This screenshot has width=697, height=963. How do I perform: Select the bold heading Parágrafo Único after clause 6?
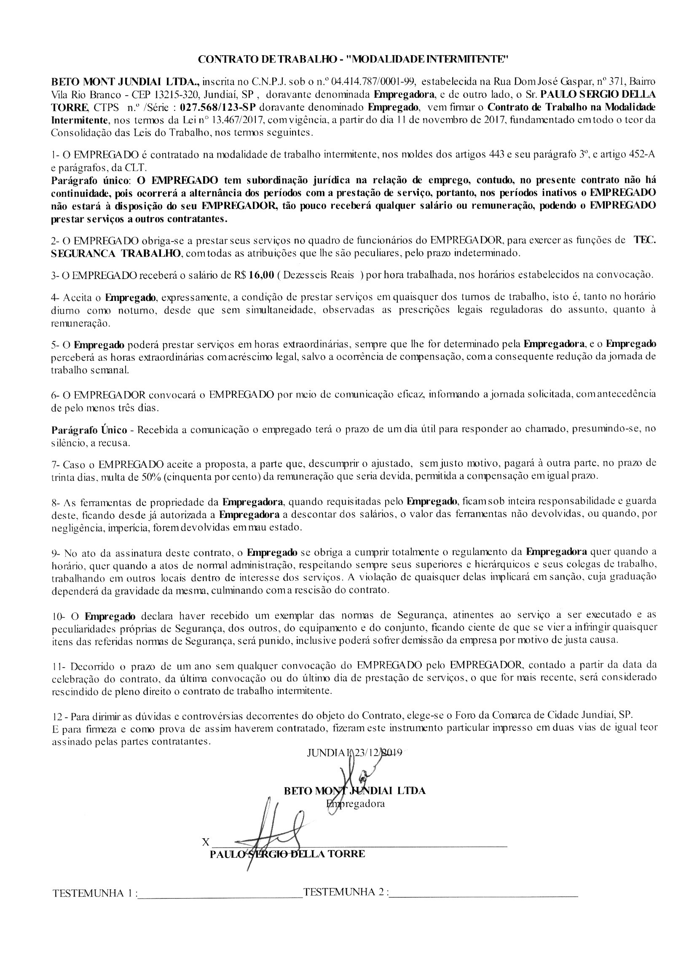coord(89,429)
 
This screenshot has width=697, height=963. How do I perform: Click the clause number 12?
coord(57,714)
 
